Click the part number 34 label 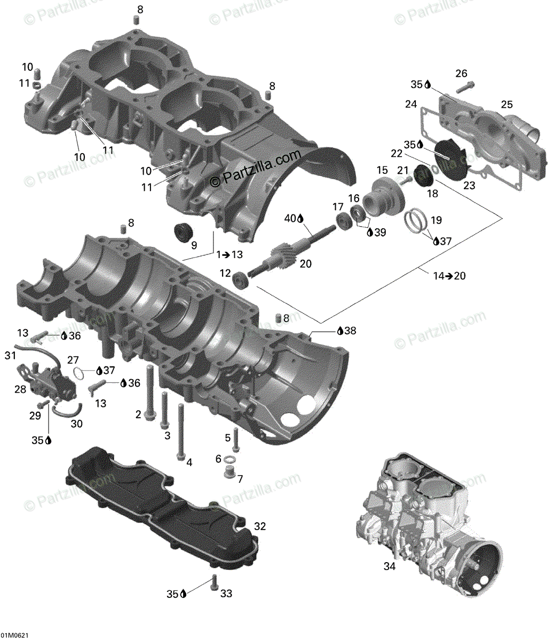tap(390, 566)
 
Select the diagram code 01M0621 tap(14, 635)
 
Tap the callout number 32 tap(259, 526)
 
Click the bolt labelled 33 tap(215, 581)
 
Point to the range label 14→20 tap(449, 276)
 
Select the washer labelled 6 tap(231, 460)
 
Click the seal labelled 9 tap(185, 232)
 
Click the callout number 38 tap(350, 331)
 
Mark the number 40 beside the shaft tap(290, 218)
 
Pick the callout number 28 tap(20, 389)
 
